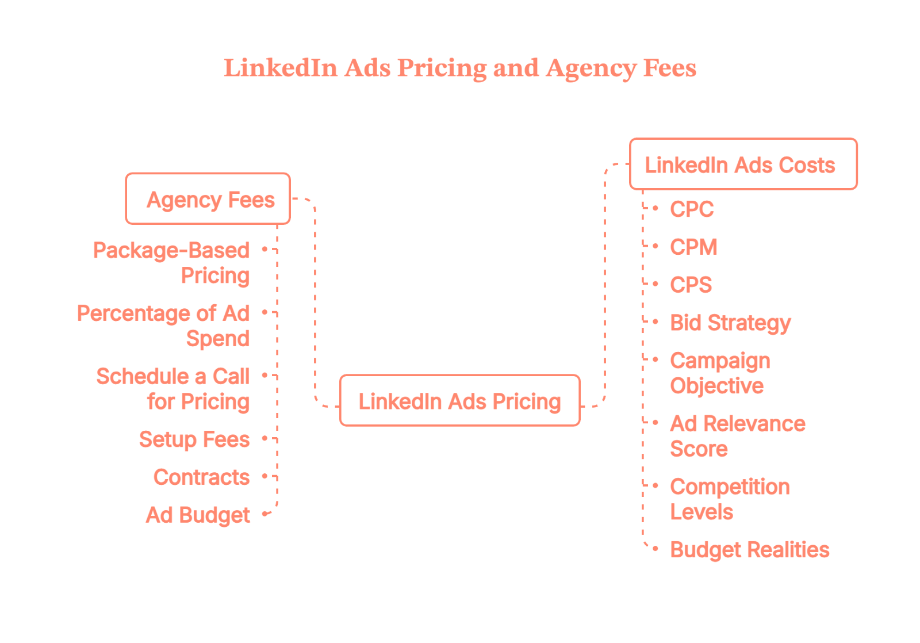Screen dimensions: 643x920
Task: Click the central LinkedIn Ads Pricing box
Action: point(459,401)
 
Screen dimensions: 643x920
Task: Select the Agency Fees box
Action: point(208,199)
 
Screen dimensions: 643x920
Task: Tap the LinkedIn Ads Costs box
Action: point(743,164)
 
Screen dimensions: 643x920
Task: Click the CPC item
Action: point(692,209)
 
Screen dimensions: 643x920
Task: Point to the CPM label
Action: point(693,247)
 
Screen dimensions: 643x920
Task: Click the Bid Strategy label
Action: point(730,323)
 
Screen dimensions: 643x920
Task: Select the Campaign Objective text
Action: point(719,373)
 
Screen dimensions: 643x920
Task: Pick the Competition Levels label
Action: point(729,499)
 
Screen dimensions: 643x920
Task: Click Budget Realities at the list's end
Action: point(749,550)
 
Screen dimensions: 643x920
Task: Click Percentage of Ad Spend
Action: point(164,326)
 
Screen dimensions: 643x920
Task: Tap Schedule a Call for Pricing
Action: point(173,389)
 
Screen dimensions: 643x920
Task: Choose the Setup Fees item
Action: point(194,439)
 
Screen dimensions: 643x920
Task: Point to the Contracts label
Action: point(201,477)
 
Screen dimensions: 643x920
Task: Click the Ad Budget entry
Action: point(198,515)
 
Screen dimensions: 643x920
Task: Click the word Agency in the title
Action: point(591,68)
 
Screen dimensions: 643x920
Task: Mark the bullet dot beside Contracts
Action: point(264,477)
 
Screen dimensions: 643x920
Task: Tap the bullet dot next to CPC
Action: point(656,208)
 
